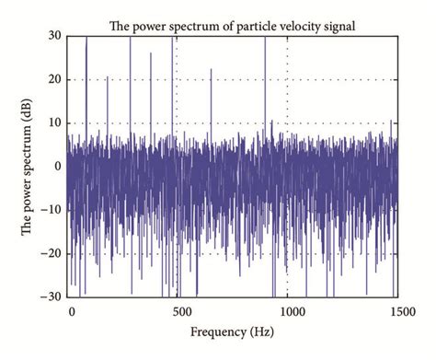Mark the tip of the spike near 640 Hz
pos(211,69)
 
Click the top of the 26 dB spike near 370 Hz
pos(151,52)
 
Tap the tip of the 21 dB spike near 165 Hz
pos(107,76)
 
